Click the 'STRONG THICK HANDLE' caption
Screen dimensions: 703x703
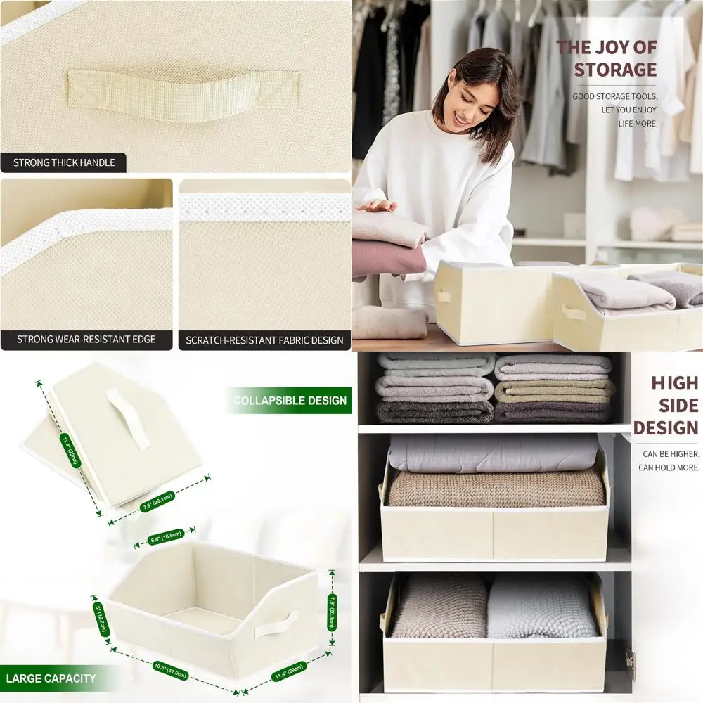[x=63, y=163]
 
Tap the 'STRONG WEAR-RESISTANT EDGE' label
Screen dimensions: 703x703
[x=86, y=340]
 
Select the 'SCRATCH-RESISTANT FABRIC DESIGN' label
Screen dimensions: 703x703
[x=264, y=340]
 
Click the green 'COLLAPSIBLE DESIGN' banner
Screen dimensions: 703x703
[x=290, y=401]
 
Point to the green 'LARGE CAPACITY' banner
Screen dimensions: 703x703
[x=51, y=678]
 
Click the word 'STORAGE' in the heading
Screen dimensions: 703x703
[x=614, y=70]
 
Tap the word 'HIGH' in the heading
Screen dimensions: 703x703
[x=674, y=383]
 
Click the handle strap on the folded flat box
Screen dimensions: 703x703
[x=129, y=419]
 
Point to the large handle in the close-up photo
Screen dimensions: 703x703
[x=183, y=94]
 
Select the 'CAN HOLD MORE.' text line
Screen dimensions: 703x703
[x=669, y=467]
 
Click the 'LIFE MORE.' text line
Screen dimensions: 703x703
[x=638, y=123]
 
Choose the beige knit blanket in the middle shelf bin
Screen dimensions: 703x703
[x=496, y=488]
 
